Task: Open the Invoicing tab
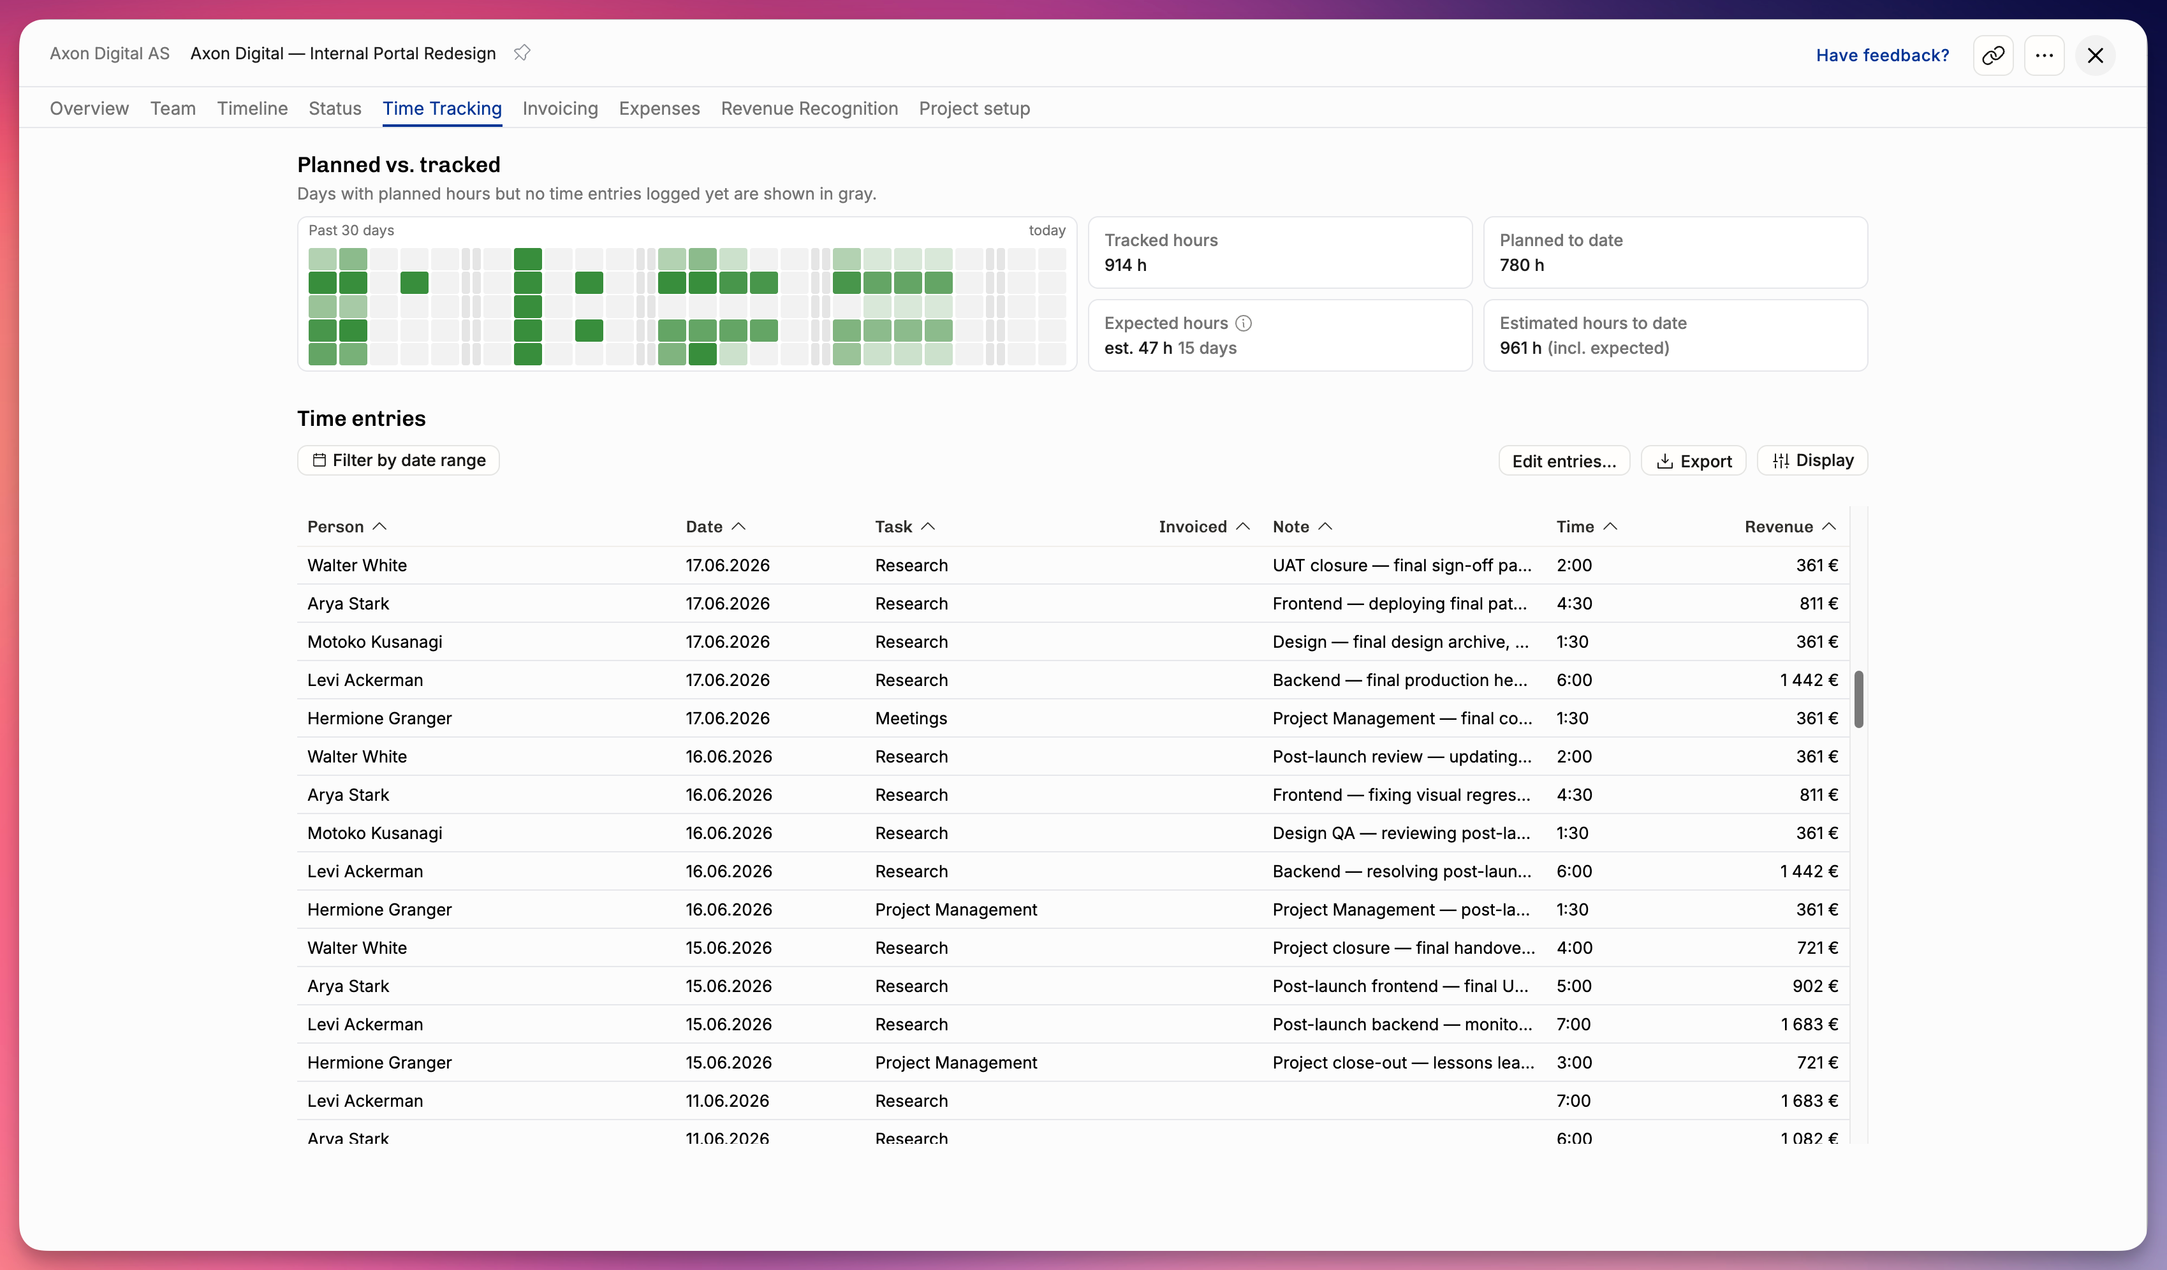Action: [560, 108]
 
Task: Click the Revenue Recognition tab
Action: [809, 108]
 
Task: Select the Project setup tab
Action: [974, 108]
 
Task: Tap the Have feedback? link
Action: [1883, 55]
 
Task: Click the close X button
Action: [2096, 55]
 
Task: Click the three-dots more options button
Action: [2044, 55]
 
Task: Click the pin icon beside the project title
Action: [522, 52]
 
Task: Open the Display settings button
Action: [1812, 460]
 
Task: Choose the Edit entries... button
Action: [1564, 461]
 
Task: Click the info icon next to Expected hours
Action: [1244, 323]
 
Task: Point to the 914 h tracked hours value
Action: [1126, 265]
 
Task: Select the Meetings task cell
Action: [911, 718]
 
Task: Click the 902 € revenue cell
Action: [1815, 986]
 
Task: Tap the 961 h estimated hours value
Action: [1520, 347]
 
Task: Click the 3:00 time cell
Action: [1574, 1063]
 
